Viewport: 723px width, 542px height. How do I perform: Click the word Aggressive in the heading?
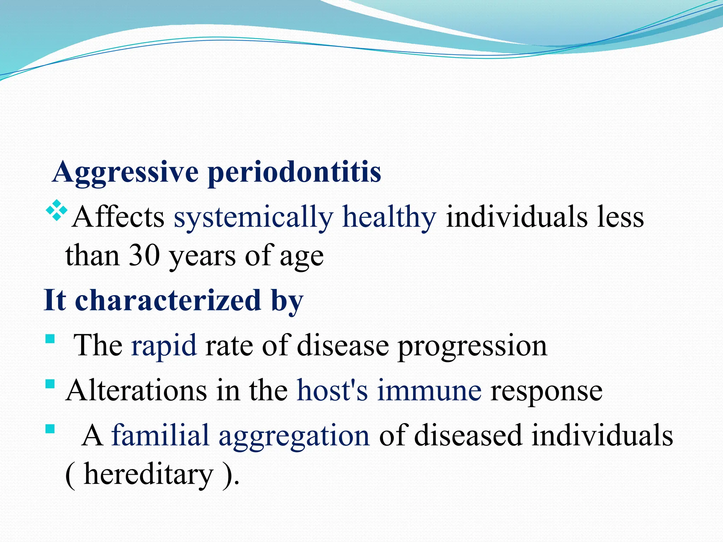pos(126,173)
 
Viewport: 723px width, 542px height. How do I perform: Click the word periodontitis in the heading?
pos(294,173)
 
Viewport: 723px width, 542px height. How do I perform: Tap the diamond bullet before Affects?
pos(56,211)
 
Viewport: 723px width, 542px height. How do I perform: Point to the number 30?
pos(144,255)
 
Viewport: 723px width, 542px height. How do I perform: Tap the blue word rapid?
pos(163,346)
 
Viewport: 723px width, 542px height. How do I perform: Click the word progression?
pos(473,346)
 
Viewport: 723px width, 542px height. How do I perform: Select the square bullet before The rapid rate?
pos(50,339)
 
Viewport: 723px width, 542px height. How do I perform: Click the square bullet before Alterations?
pos(50,384)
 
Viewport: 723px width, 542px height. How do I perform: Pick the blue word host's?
pos(332,391)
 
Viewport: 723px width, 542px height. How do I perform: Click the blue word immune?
pos(429,391)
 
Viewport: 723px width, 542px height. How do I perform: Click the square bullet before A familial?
pos(50,429)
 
